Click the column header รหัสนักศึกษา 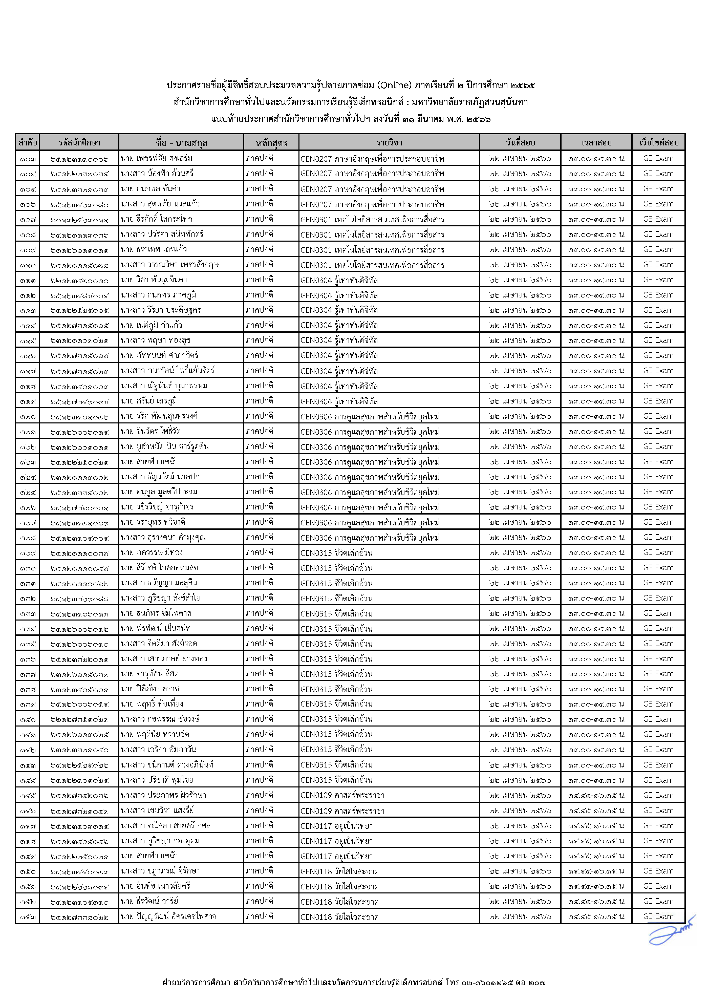click(x=79, y=142)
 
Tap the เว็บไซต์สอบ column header click(x=658, y=142)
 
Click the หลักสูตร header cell click(x=271, y=142)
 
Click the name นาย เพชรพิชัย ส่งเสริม click(x=156, y=158)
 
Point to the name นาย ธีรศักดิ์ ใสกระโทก click(x=156, y=219)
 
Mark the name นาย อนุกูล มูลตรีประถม click(x=159, y=492)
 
